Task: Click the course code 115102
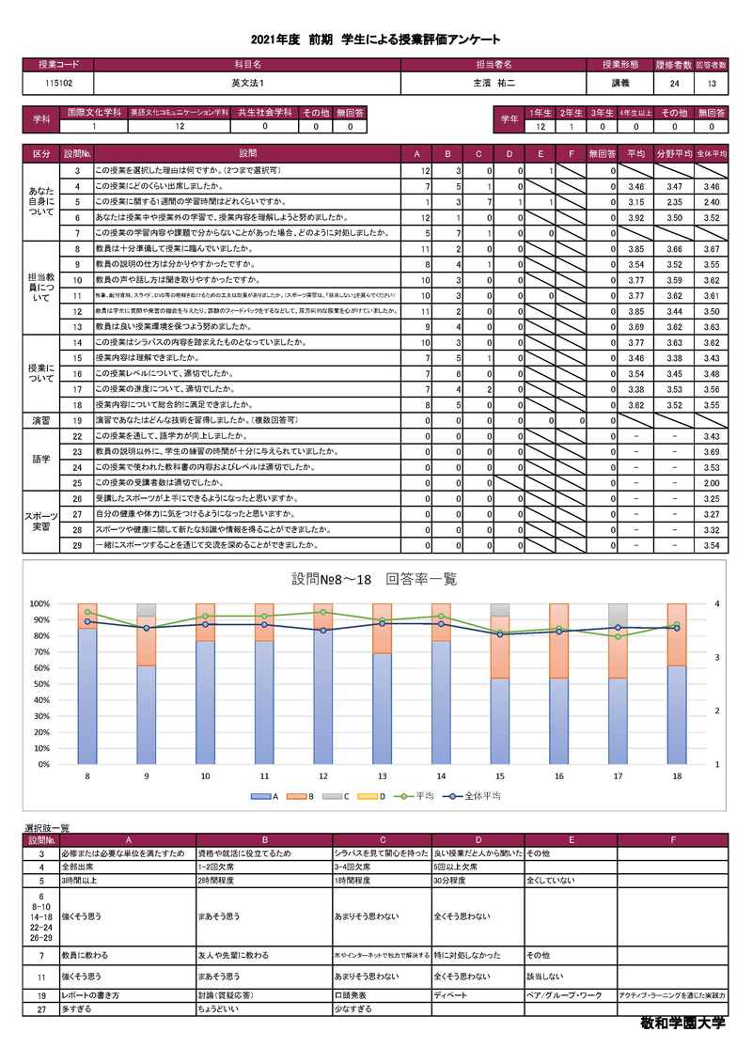tap(58, 84)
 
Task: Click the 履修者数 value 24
tap(674, 84)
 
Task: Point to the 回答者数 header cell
tap(712, 65)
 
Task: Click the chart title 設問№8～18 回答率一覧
tap(375, 579)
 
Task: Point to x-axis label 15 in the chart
tap(499, 776)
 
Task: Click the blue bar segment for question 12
tap(323, 696)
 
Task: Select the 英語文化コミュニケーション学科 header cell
tap(180, 112)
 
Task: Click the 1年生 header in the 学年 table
tap(541, 113)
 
